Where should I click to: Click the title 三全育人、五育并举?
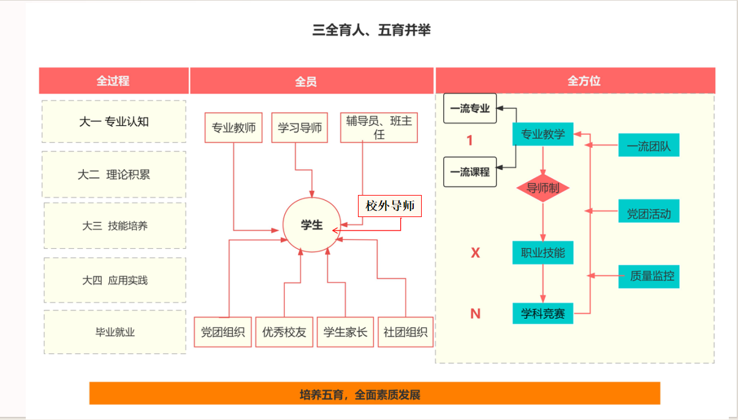click(x=371, y=30)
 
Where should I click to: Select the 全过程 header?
click(x=113, y=81)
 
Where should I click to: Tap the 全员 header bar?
click(x=306, y=81)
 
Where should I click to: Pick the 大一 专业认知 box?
click(x=114, y=121)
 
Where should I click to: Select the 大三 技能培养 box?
click(x=115, y=226)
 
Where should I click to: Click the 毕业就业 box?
click(x=115, y=332)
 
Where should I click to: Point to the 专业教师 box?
click(x=234, y=128)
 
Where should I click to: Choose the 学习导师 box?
click(x=300, y=128)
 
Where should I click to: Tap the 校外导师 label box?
click(x=390, y=206)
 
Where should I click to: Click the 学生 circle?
click(x=311, y=225)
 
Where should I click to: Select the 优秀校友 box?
click(x=284, y=332)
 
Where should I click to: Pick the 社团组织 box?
click(x=405, y=332)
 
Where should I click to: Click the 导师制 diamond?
click(x=542, y=188)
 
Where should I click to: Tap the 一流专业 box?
click(x=470, y=109)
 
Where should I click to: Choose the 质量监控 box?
click(x=649, y=276)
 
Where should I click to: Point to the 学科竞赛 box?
click(x=542, y=314)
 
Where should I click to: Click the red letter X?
click(x=475, y=253)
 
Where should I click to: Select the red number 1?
click(x=470, y=140)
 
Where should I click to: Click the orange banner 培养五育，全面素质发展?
click(x=375, y=394)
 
